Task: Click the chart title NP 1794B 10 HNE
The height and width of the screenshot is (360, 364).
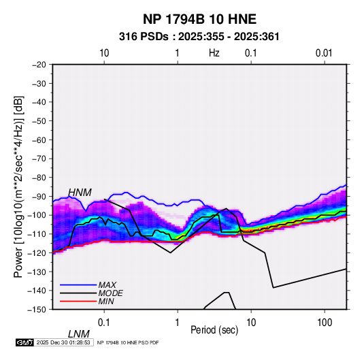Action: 199,19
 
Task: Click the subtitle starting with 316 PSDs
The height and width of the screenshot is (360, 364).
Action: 199,37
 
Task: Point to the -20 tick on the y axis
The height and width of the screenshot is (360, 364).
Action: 39,65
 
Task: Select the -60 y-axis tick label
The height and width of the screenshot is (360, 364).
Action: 39,140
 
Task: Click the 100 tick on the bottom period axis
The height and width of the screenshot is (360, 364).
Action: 325,323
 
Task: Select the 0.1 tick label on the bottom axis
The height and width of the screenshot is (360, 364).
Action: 104,323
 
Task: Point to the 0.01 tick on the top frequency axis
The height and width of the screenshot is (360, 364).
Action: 324,53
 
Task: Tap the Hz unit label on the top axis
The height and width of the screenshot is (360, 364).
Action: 214,53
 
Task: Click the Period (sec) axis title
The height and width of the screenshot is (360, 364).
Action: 214,330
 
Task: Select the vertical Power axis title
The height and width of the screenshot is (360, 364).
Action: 18,186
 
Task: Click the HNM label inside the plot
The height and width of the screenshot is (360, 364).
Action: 80,193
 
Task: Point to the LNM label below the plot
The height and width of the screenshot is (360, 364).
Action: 79,334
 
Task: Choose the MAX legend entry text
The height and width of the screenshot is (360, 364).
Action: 107,284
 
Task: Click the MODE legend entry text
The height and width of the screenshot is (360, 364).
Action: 110,293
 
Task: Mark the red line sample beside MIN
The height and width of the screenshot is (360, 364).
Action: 78,301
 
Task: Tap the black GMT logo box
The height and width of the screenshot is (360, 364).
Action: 24,342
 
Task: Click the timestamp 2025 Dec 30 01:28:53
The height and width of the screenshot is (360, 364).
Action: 63,342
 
